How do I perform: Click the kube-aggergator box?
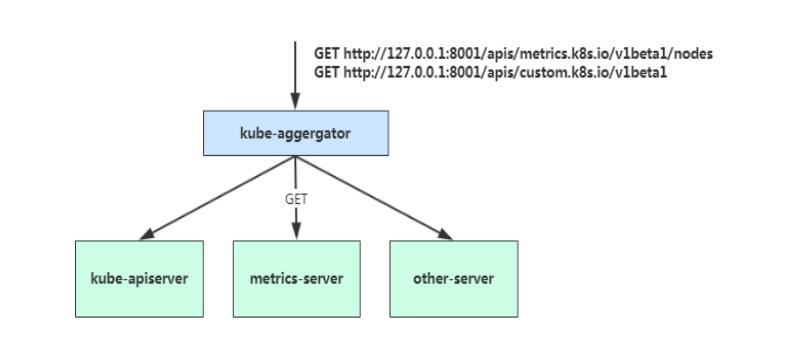(x=295, y=134)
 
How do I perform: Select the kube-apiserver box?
(x=139, y=278)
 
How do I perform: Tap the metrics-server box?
(x=295, y=278)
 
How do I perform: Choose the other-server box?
(x=452, y=278)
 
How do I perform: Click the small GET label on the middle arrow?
(x=296, y=198)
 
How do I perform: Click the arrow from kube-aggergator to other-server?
(x=375, y=197)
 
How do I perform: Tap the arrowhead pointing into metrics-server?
(x=295, y=232)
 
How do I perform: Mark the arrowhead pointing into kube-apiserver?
(x=148, y=234)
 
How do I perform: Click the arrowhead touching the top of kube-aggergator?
(x=295, y=102)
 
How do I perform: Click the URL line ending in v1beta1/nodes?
(x=512, y=54)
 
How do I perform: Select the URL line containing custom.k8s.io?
(x=490, y=71)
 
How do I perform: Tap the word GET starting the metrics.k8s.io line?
(x=328, y=54)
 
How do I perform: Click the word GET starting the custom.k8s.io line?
(x=328, y=71)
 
